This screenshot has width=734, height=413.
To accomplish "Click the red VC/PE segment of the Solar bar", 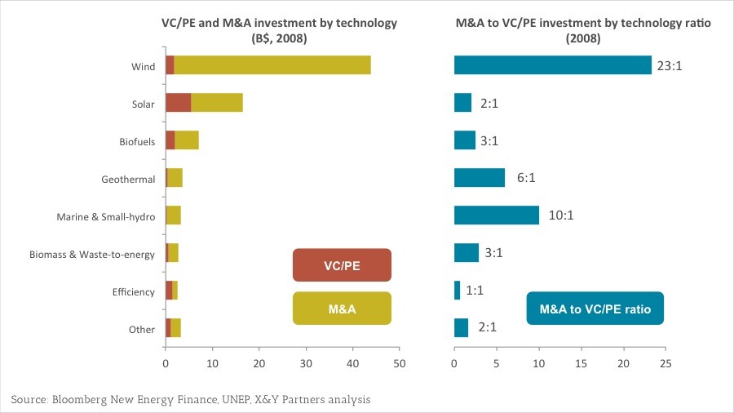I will coord(178,102).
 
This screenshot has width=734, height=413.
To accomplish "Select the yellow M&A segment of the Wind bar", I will coord(272,64).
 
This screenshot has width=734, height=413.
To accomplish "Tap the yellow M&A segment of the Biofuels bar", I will coord(187,140).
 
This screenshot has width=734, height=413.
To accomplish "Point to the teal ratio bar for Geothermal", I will coord(480,177).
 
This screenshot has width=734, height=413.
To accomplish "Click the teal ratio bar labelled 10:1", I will coord(497,215).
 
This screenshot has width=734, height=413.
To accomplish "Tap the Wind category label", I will coord(143,66).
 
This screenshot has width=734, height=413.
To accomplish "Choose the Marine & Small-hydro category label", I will coord(106,217).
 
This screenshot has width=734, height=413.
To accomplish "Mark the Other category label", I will coord(142,330).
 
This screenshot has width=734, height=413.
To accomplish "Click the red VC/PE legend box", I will coord(342,265).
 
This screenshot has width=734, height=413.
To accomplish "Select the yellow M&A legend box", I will coord(342,309).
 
